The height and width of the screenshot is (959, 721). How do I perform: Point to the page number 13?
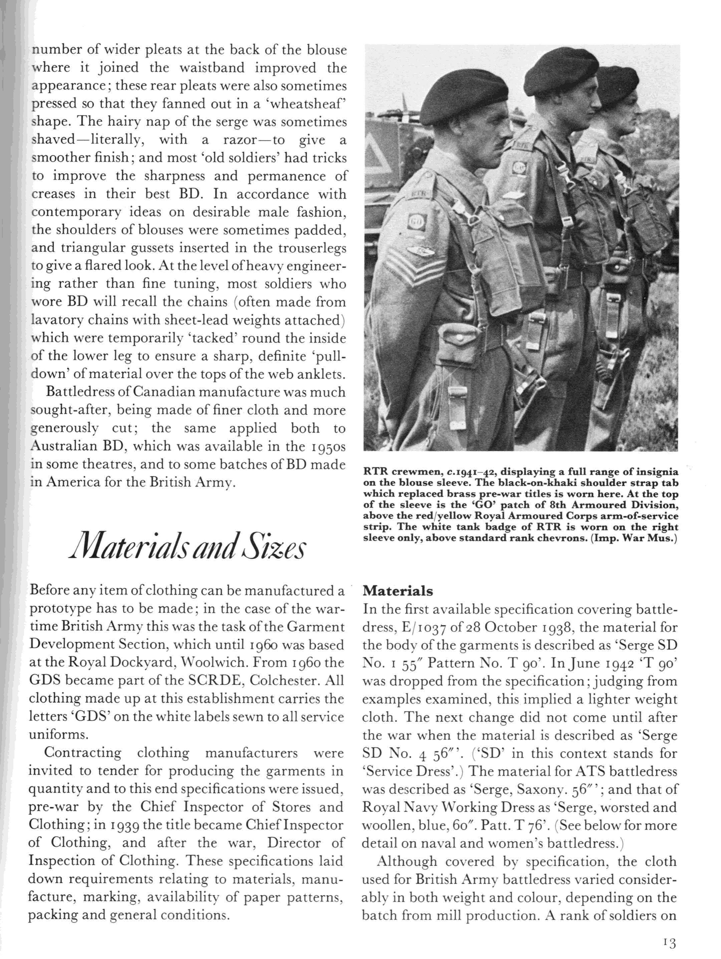[x=669, y=942]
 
